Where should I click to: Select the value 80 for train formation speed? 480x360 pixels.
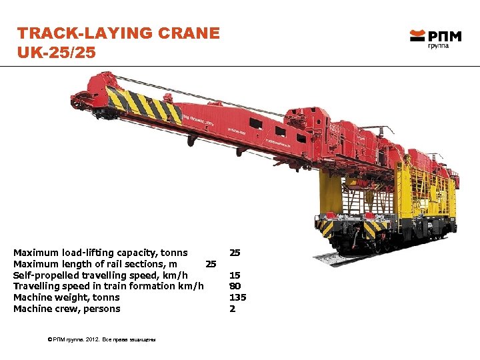(235, 286)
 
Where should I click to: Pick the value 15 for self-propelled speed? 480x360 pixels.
(235, 275)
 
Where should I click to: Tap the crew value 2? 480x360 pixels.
(232, 309)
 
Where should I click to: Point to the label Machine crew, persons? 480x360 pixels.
(67, 309)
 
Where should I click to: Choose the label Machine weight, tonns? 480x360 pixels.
(67, 297)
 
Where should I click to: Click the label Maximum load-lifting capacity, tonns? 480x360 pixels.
(100, 253)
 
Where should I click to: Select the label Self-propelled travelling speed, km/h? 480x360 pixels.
(100, 275)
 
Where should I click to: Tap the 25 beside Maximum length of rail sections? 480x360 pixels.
(211, 264)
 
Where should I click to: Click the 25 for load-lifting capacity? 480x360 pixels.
(235, 253)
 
